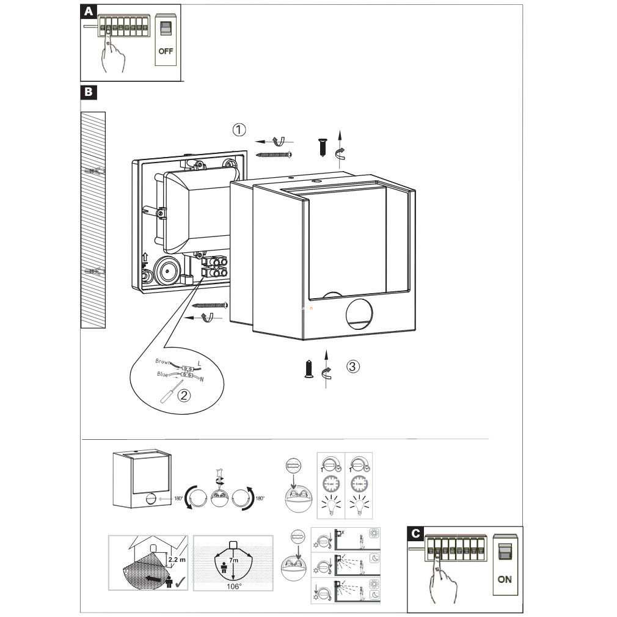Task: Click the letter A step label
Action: click(89, 12)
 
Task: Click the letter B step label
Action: click(89, 92)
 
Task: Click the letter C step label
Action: click(415, 533)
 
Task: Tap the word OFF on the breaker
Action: click(166, 51)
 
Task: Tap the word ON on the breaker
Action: click(505, 579)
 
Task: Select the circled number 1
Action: click(239, 130)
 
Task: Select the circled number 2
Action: click(183, 395)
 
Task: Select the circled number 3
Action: click(352, 367)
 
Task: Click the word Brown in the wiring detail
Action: click(164, 362)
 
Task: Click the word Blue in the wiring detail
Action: click(162, 374)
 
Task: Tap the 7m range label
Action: click(233, 560)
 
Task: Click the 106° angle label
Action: click(234, 586)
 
